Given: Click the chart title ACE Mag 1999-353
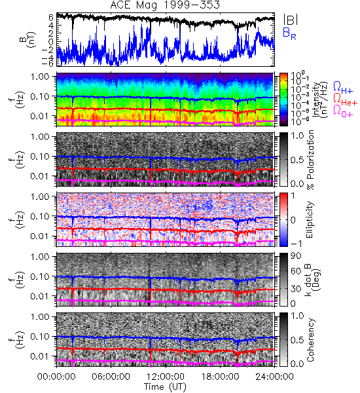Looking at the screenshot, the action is [x=165, y=5].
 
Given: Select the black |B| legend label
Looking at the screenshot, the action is [x=291, y=20].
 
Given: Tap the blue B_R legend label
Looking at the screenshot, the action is [x=289, y=33].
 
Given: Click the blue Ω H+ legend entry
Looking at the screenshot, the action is [x=343, y=88].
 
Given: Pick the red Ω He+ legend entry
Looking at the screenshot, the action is [x=345, y=100].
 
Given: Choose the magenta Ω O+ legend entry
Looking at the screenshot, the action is [x=343, y=111].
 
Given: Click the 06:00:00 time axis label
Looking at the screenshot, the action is [x=111, y=377].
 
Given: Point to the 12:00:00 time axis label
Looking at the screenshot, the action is [x=166, y=377].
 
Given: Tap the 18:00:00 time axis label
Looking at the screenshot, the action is [x=220, y=377].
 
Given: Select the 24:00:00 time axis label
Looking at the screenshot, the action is [x=274, y=377].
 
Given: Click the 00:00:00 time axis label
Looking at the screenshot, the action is [x=56, y=377].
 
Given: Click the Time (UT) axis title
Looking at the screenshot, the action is [x=165, y=386].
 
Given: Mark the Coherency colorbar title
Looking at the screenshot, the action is [x=310, y=340].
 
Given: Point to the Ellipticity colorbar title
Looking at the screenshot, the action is [x=310, y=219].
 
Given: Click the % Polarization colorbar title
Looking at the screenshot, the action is [x=310, y=160].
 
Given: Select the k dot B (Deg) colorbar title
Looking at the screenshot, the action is [x=313, y=280].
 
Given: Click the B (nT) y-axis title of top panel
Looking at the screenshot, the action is [x=28, y=39].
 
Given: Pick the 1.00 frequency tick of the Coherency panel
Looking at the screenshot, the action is [x=41, y=317].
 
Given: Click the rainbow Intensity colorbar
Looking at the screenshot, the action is [x=283, y=100].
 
